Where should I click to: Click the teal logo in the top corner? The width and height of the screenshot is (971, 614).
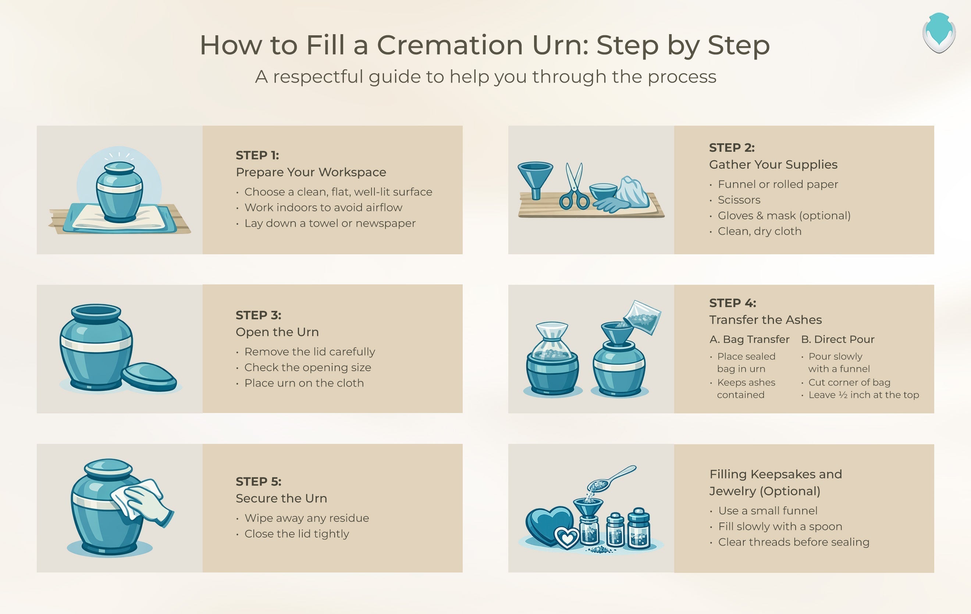(939, 33)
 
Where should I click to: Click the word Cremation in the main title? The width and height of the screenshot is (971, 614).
(451, 45)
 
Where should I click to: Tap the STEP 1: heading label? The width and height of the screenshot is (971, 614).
(257, 155)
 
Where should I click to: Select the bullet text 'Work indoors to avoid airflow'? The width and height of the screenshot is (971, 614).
(323, 208)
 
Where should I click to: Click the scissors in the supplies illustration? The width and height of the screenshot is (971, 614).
(574, 186)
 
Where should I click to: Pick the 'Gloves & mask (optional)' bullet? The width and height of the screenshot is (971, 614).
(784, 216)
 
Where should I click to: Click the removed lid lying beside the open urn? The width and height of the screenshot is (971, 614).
(149, 377)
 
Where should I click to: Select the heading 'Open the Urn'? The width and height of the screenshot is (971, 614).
(277, 332)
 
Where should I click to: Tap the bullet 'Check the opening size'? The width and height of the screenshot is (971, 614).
(308, 367)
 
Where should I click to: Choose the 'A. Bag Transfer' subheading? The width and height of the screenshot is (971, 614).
(749, 339)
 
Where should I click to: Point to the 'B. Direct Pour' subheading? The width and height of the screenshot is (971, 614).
(837, 339)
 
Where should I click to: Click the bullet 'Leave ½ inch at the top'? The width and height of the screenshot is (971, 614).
(864, 395)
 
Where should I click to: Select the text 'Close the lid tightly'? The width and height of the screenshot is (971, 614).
(297, 534)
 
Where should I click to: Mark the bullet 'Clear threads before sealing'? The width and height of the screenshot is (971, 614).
(794, 542)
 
